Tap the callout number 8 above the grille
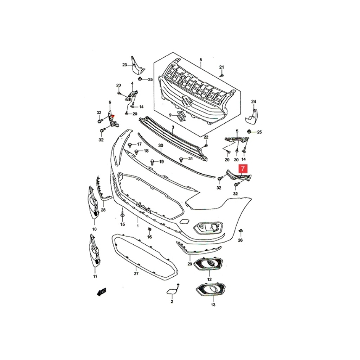pyautogui.click(x=201, y=60)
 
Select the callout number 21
pyautogui.click(x=221, y=67)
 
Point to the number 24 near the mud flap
pyautogui.click(x=254, y=102)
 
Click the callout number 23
pyautogui.click(x=125, y=65)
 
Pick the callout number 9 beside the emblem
pyautogui.click(x=170, y=115)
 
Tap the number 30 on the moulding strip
pyautogui.click(x=161, y=146)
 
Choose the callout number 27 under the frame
pyautogui.click(x=136, y=274)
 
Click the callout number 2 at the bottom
pyautogui.click(x=172, y=302)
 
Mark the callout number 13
pyautogui.click(x=213, y=305)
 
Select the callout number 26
pyautogui.click(x=240, y=240)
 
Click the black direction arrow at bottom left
pyautogui.click(x=102, y=291)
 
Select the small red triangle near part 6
pyautogui.click(x=112, y=117)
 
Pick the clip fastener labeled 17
pyautogui.click(x=130, y=145)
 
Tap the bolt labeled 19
pyautogui.click(x=152, y=162)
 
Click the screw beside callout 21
pyautogui.click(x=222, y=75)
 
